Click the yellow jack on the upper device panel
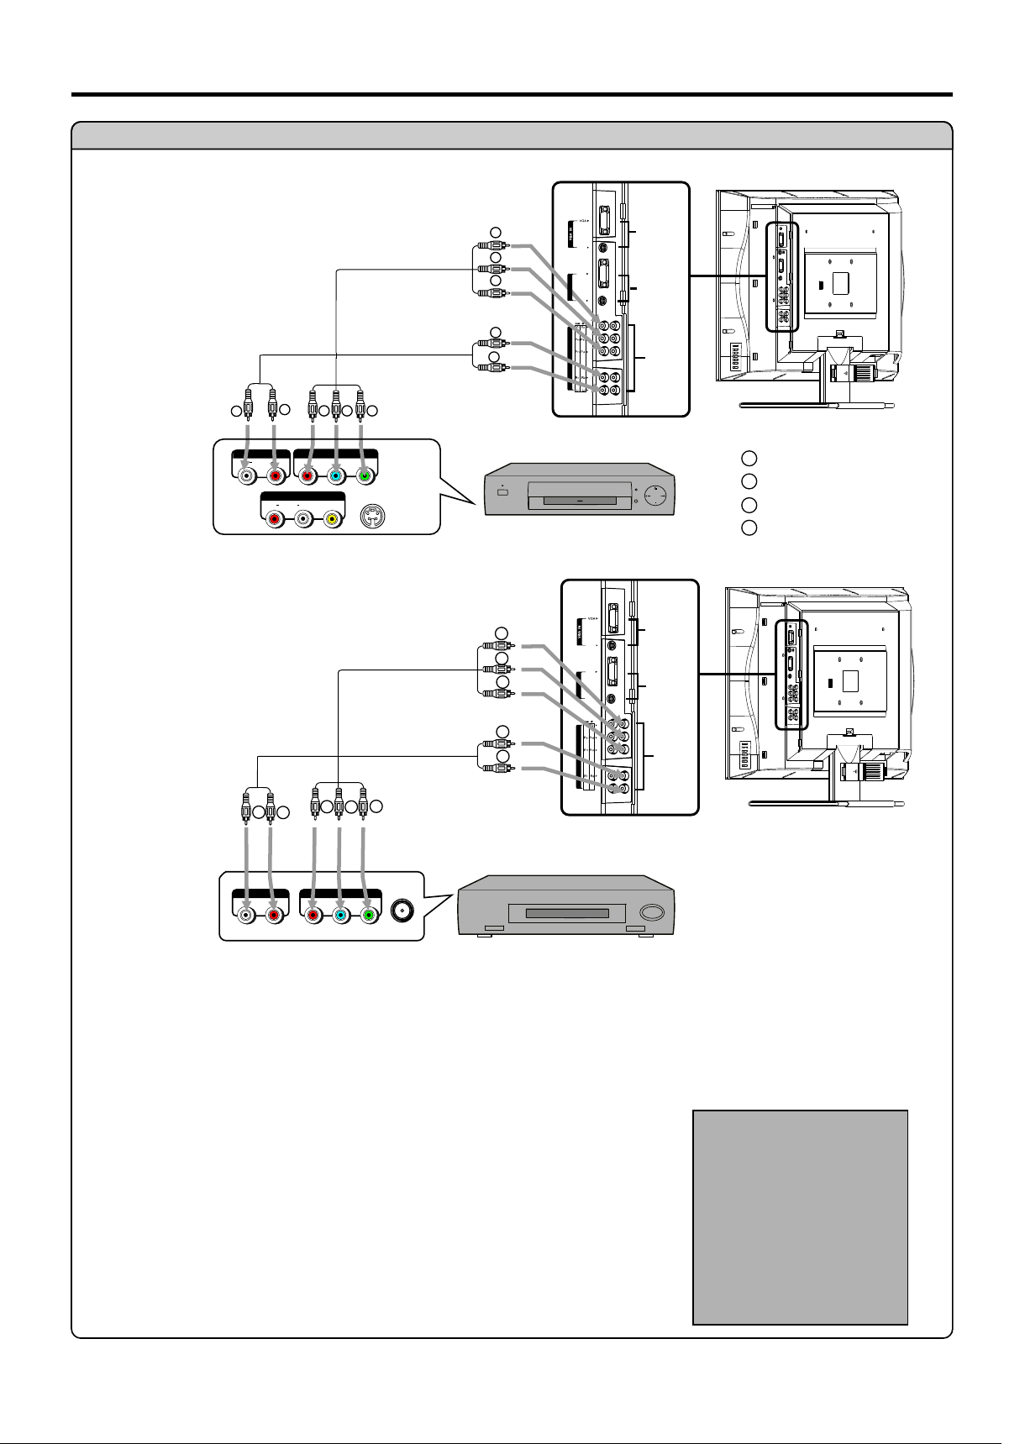click(x=333, y=521)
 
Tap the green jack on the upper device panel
click(x=364, y=476)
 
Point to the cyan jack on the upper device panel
click(x=335, y=476)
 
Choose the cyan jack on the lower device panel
click(x=340, y=915)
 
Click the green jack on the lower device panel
click(x=368, y=915)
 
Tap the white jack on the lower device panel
click(x=244, y=915)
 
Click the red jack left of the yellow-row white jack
click(x=274, y=521)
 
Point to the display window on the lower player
click(x=567, y=913)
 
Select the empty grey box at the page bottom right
click(x=800, y=1217)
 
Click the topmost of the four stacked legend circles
click(x=749, y=459)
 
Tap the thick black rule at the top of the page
click(x=512, y=94)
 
